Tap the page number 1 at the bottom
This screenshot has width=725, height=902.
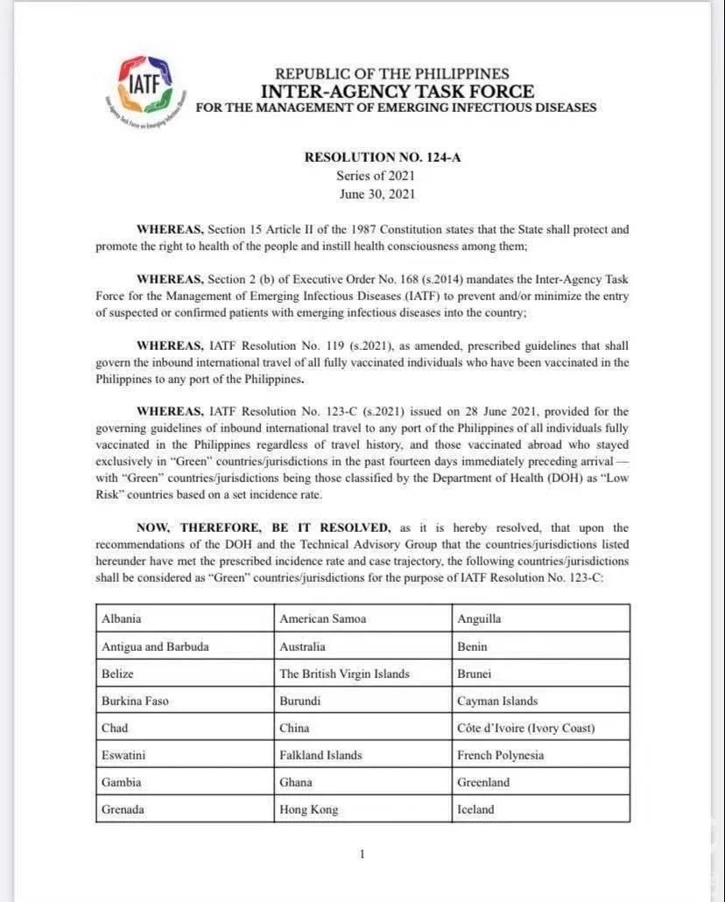coord(362,854)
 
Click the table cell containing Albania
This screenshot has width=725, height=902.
coord(185,619)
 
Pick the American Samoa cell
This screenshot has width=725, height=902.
coord(362,619)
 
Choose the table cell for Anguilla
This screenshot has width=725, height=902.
coord(541,619)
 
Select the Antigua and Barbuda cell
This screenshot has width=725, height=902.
coord(185,647)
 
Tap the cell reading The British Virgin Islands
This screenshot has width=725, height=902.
coord(362,674)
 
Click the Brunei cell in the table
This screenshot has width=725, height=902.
coord(541,674)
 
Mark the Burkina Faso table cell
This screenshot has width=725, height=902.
coord(185,701)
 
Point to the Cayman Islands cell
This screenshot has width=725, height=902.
coord(541,701)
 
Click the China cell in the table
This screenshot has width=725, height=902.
coord(362,728)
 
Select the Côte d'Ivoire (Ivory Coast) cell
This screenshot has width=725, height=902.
coord(541,728)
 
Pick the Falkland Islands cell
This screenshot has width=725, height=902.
coord(362,755)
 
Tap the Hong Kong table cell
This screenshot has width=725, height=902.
coord(362,809)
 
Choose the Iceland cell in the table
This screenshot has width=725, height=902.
coord(541,809)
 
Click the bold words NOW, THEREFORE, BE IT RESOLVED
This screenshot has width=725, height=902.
coord(263,528)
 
